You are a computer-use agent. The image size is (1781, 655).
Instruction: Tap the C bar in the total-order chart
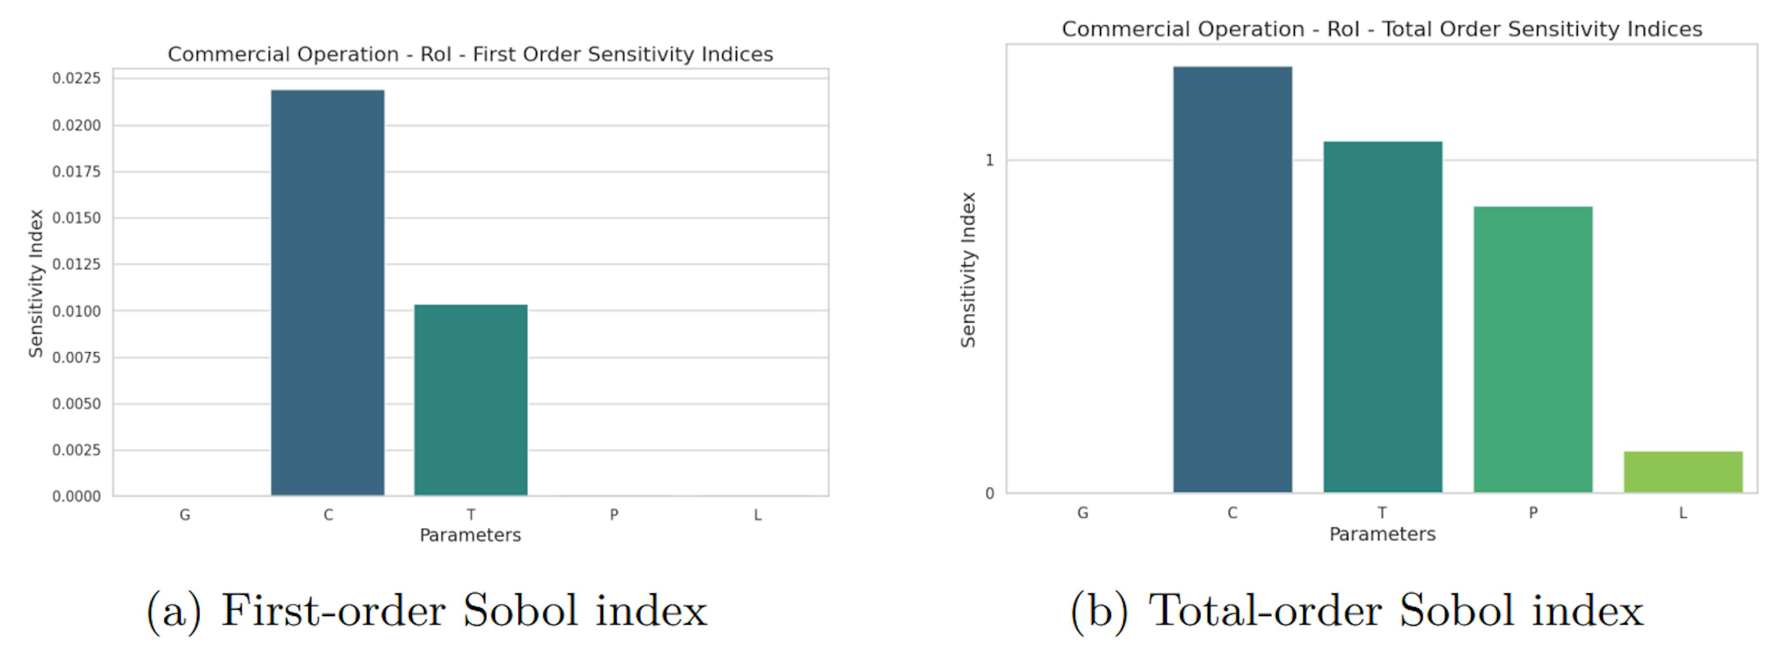[1232, 279]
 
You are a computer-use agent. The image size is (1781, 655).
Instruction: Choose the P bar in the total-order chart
[1533, 349]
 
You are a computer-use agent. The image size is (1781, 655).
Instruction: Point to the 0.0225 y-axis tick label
[77, 78]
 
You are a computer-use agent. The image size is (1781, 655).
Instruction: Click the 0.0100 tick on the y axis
[77, 311]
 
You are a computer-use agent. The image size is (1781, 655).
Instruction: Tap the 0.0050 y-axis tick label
[77, 404]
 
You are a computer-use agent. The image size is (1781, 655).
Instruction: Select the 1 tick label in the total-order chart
[989, 161]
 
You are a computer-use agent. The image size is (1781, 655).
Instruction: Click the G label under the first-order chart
[185, 515]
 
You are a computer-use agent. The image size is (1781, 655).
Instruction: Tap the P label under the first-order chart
[614, 515]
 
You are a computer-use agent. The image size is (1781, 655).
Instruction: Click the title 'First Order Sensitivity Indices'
[470, 55]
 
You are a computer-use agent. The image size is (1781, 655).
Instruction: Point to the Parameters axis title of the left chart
[470, 535]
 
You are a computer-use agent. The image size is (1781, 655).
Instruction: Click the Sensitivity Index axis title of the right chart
[968, 270]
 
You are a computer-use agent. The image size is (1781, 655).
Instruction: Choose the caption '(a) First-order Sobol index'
[427, 611]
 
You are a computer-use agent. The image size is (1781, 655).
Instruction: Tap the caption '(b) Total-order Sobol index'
[1357, 611]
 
